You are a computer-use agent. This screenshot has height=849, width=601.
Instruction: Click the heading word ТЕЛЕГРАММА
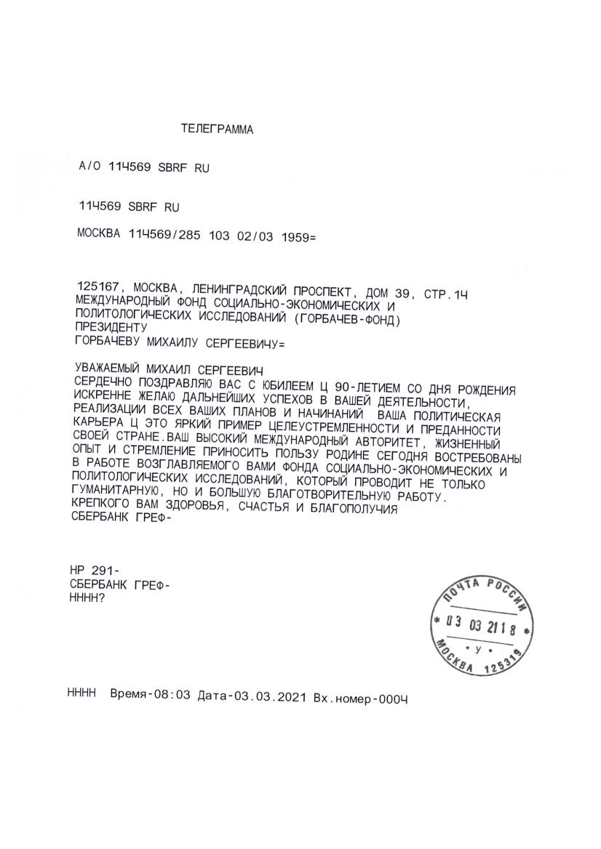(217, 130)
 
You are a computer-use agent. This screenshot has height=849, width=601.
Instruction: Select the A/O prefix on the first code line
(90, 168)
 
